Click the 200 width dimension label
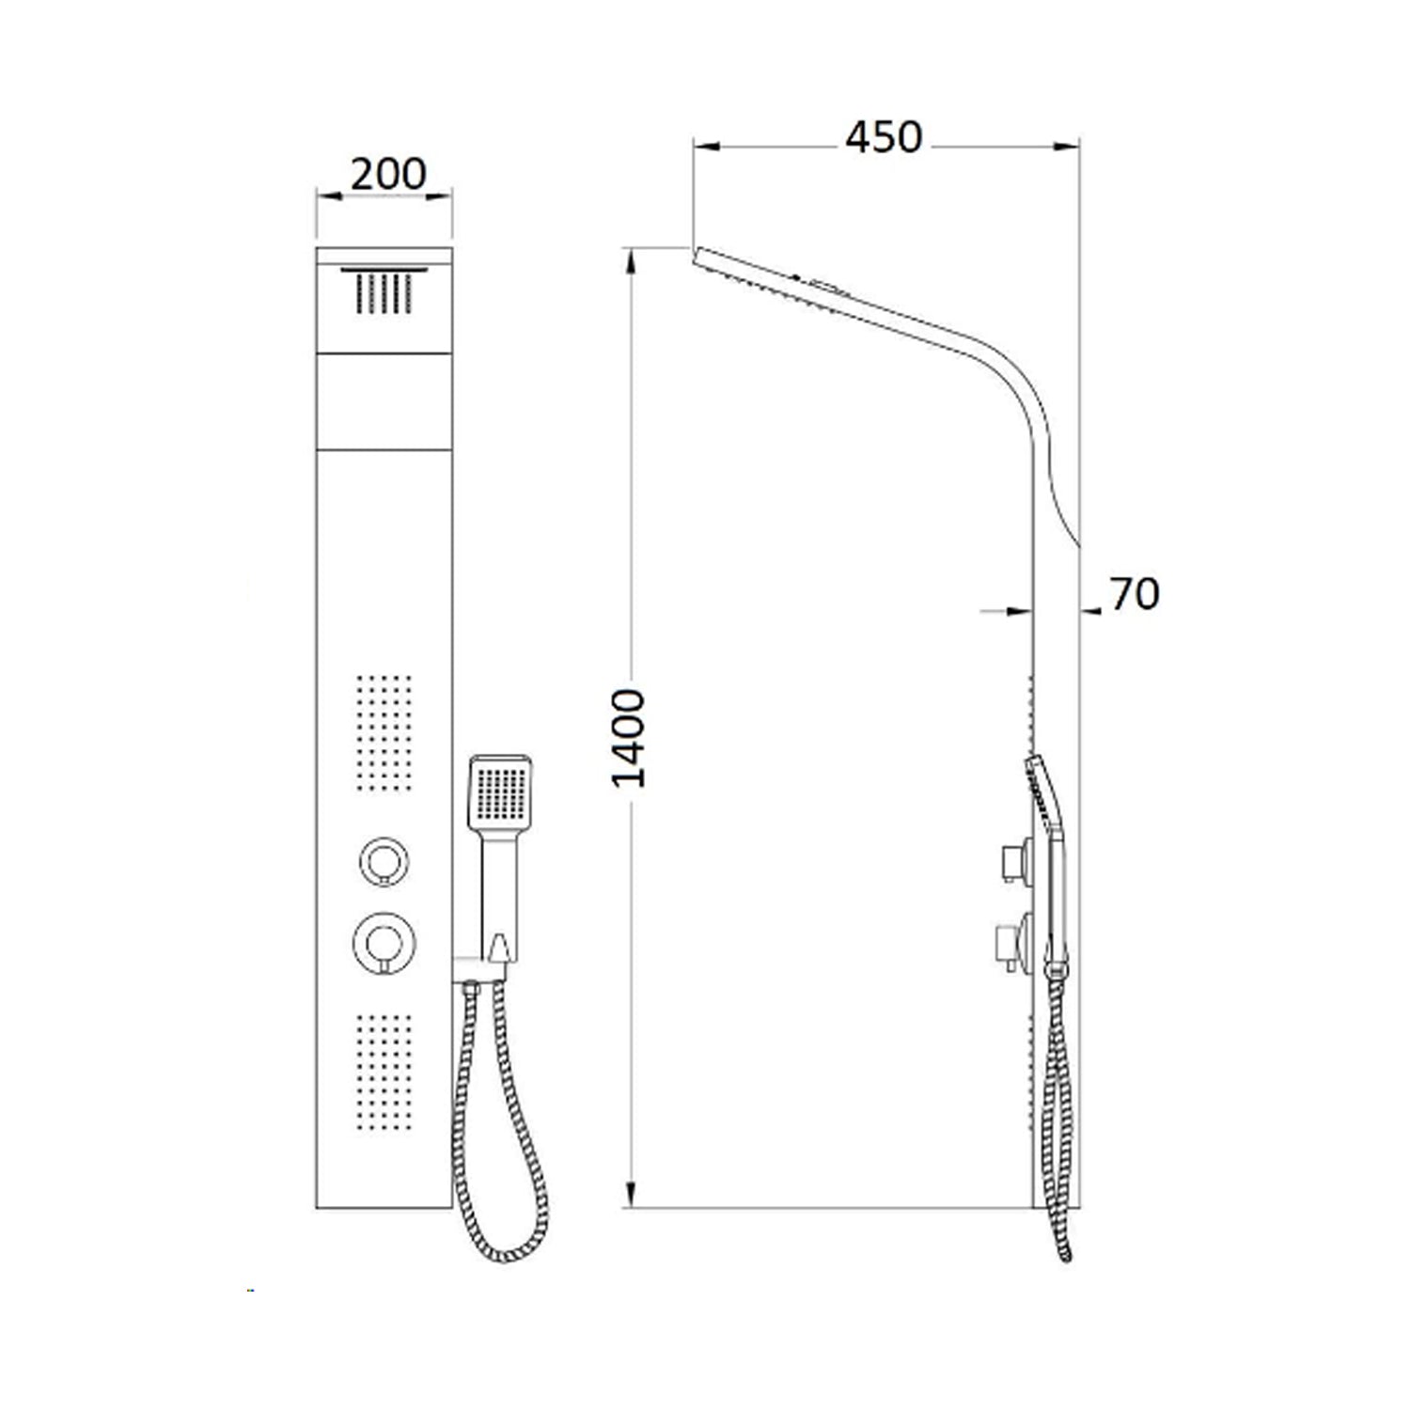coord(388,174)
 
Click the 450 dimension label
coord(884,137)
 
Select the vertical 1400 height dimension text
coord(629,738)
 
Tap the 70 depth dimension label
coord(1135,594)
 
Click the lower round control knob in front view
coord(384,941)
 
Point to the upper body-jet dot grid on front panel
coord(384,731)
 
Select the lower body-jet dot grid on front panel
coord(384,1070)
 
